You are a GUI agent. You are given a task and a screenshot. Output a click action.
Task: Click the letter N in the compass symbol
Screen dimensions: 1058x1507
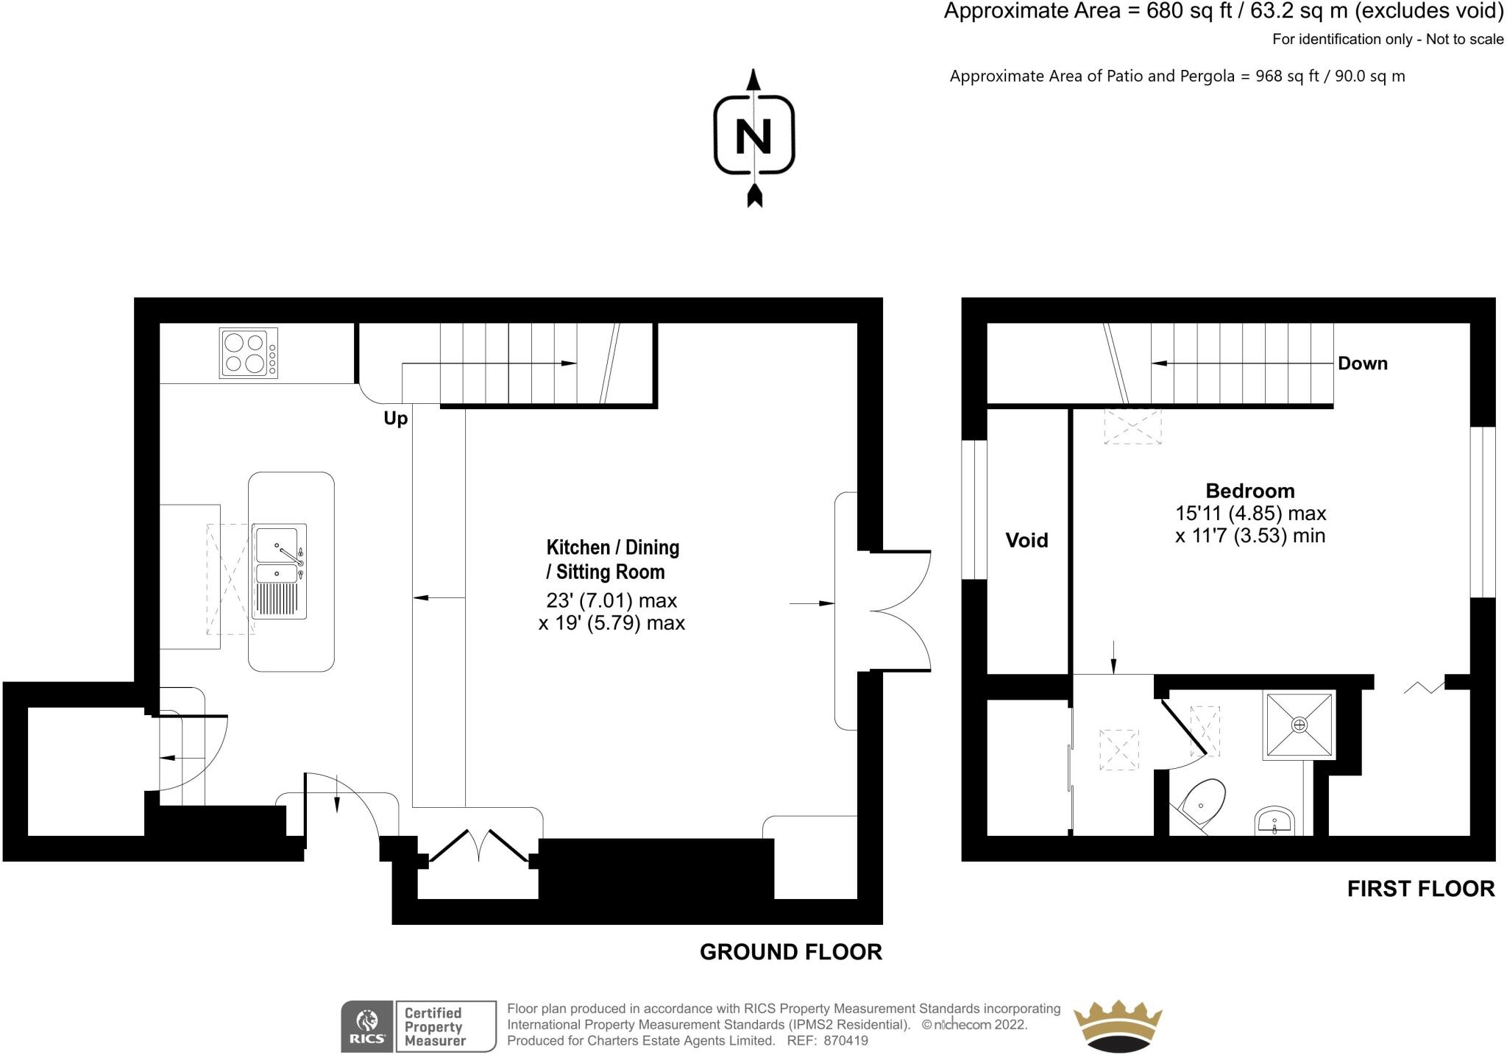[753, 137]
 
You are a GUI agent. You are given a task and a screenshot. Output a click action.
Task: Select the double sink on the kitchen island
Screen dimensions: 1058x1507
[279, 571]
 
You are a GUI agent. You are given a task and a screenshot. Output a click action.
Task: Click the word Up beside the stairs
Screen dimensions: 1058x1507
[395, 419]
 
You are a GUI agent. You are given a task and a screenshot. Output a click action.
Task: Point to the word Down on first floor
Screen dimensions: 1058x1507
[1362, 363]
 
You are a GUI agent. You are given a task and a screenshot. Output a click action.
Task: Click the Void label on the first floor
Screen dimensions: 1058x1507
[1026, 541]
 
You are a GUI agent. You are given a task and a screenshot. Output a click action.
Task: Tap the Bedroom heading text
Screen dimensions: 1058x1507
[1249, 491]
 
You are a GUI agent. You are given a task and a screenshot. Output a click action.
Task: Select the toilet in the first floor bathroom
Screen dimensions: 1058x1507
[1202, 803]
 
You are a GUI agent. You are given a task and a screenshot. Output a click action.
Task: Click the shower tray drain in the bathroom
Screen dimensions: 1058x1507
[1299, 725]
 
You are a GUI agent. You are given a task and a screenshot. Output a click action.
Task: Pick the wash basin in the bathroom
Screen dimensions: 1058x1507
[1275, 820]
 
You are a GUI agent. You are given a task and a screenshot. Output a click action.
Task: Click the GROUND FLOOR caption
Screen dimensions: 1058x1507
[790, 952]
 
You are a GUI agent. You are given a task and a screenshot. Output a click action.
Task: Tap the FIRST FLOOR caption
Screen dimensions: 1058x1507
[1420, 889]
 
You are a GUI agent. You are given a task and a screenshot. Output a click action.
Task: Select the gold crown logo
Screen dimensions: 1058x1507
[1117, 1026]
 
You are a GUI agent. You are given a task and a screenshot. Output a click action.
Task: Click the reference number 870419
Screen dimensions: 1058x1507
[847, 1041]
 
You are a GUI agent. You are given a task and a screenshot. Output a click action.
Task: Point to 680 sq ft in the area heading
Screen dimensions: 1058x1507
[1188, 12]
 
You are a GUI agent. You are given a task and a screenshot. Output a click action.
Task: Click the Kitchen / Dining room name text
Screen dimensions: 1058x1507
[612, 547]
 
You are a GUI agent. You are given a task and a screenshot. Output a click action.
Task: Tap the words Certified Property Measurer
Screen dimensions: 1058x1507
[434, 1026]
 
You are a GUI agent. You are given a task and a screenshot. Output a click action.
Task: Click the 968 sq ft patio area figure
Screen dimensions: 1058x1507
[1284, 77]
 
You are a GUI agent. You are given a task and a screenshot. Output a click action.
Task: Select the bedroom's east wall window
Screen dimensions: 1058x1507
[1482, 512]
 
